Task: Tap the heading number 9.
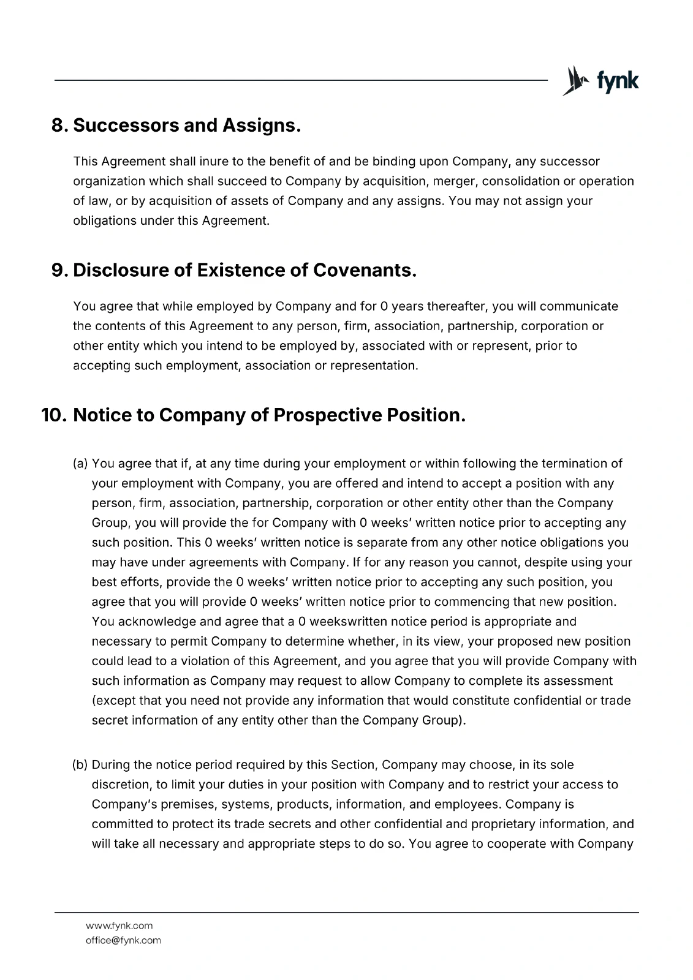click(x=58, y=270)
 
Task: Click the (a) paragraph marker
click(x=81, y=464)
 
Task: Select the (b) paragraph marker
click(x=81, y=764)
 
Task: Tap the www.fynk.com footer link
click(x=119, y=925)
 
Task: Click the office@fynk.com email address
click(x=123, y=940)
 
